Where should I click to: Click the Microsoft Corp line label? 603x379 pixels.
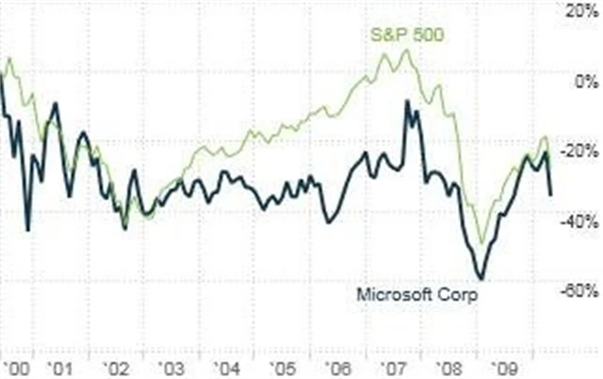[x=416, y=294]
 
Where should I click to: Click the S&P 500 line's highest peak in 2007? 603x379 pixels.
[x=406, y=51]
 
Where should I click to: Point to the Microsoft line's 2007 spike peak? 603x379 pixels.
[x=407, y=101]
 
